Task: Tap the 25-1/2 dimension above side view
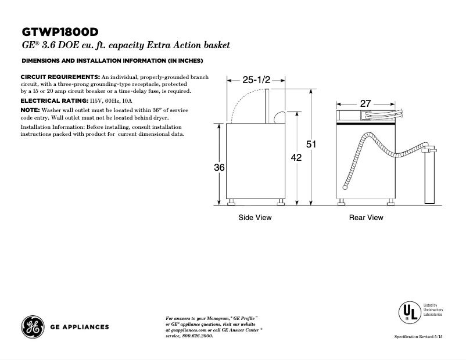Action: (x=256, y=80)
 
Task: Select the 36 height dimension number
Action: (x=219, y=167)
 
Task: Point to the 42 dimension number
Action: (x=296, y=157)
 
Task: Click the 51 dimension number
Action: (x=311, y=145)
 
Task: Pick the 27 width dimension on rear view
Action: (x=365, y=103)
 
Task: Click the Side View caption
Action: (x=255, y=218)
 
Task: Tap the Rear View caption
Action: (x=366, y=218)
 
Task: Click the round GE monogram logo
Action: (x=32, y=326)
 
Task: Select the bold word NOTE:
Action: (x=30, y=110)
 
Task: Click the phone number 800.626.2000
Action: (x=197, y=336)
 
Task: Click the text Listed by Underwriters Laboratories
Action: (x=431, y=309)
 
